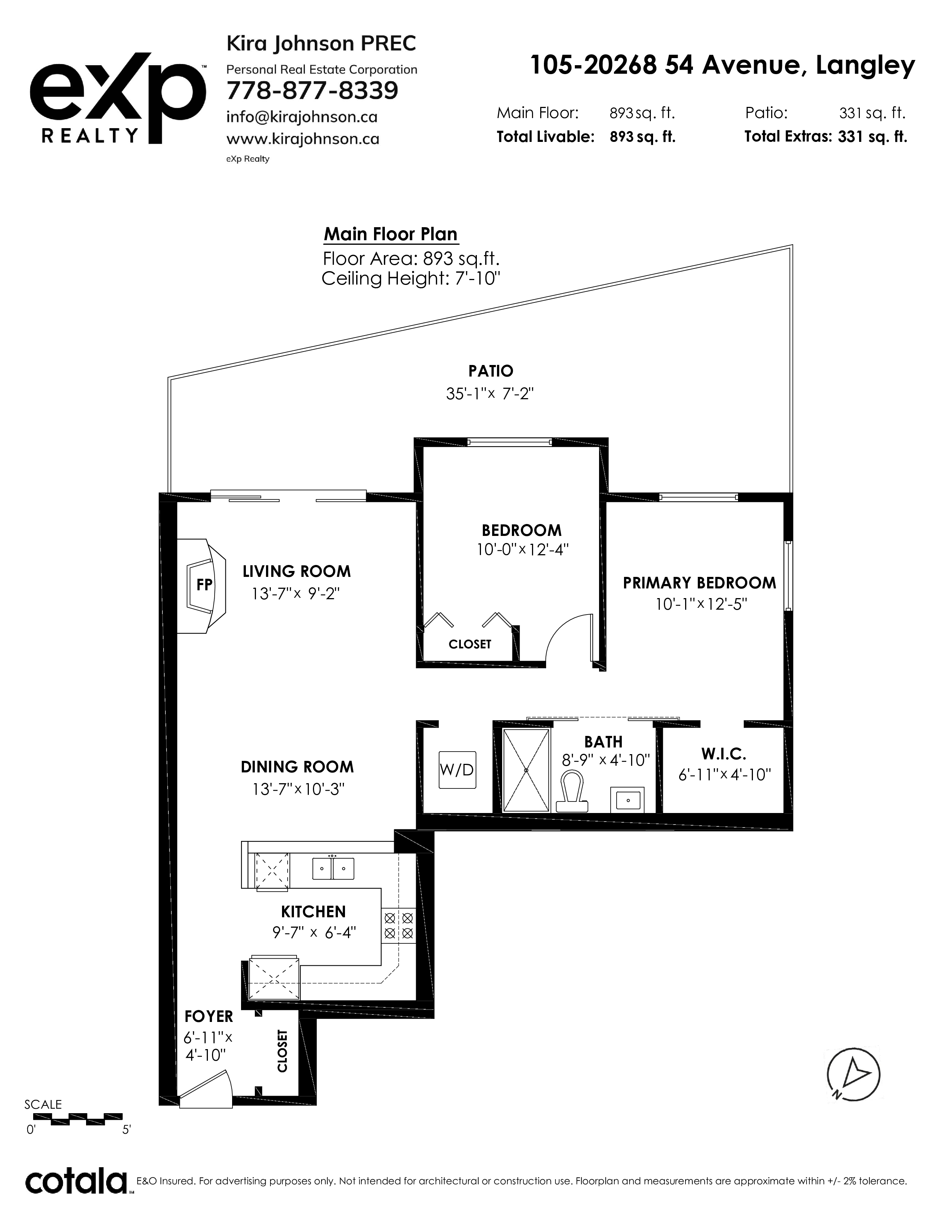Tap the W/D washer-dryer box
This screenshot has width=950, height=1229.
[x=457, y=770]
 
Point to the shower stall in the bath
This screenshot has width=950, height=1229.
[x=526, y=770]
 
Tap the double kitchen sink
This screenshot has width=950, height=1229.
[x=333, y=868]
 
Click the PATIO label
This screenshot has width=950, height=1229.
[x=491, y=371]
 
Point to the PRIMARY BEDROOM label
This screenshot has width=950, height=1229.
[x=699, y=583]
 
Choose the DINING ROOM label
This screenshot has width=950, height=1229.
[x=297, y=767]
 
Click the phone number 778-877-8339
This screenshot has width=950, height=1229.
[x=312, y=90]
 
